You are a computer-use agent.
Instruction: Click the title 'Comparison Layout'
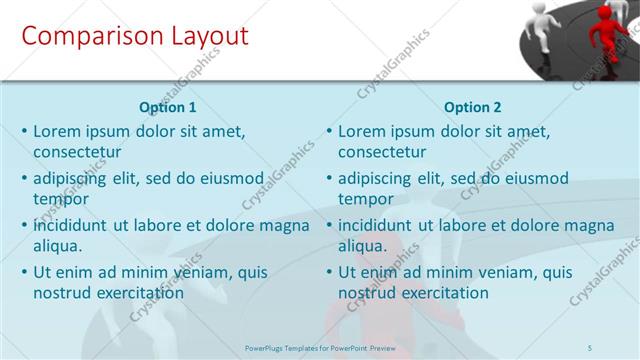click(135, 37)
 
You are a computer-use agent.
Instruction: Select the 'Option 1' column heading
click(168, 107)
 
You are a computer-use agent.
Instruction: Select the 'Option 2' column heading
click(473, 107)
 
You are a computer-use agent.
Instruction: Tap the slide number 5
click(590, 347)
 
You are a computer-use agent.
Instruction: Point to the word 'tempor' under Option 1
click(60, 200)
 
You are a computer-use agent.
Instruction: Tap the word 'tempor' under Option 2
click(365, 200)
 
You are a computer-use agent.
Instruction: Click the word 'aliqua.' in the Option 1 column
click(58, 246)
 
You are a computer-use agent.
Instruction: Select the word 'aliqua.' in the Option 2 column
click(363, 246)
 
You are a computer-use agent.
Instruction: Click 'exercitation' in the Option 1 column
click(141, 293)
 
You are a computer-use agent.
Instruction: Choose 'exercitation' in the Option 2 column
click(446, 293)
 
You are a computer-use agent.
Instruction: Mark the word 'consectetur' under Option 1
click(77, 152)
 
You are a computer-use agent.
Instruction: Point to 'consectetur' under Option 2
click(382, 152)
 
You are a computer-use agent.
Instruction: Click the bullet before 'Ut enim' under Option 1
click(24, 272)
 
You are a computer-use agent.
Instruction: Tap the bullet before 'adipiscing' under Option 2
click(329, 179)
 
